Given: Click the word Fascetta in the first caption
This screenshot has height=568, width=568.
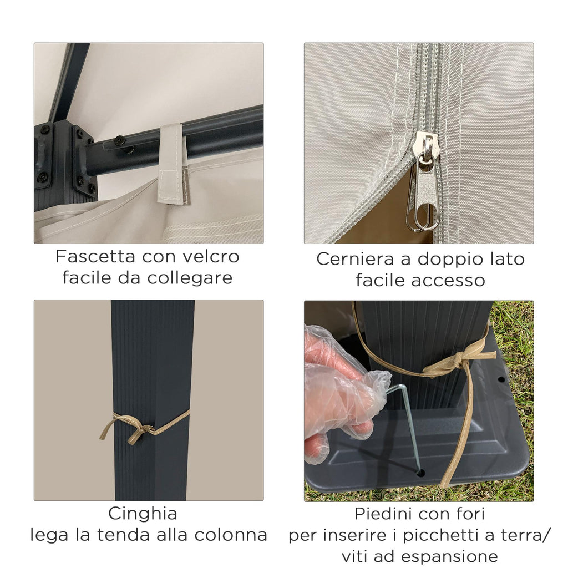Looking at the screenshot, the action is coord(95,256).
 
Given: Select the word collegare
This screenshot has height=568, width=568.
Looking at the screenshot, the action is coord(190,278).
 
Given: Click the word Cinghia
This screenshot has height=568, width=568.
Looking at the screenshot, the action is coord(143,514).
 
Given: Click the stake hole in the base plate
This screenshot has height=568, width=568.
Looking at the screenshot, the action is coord(420,473).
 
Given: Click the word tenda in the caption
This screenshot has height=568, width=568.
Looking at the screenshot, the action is coord(133,535).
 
